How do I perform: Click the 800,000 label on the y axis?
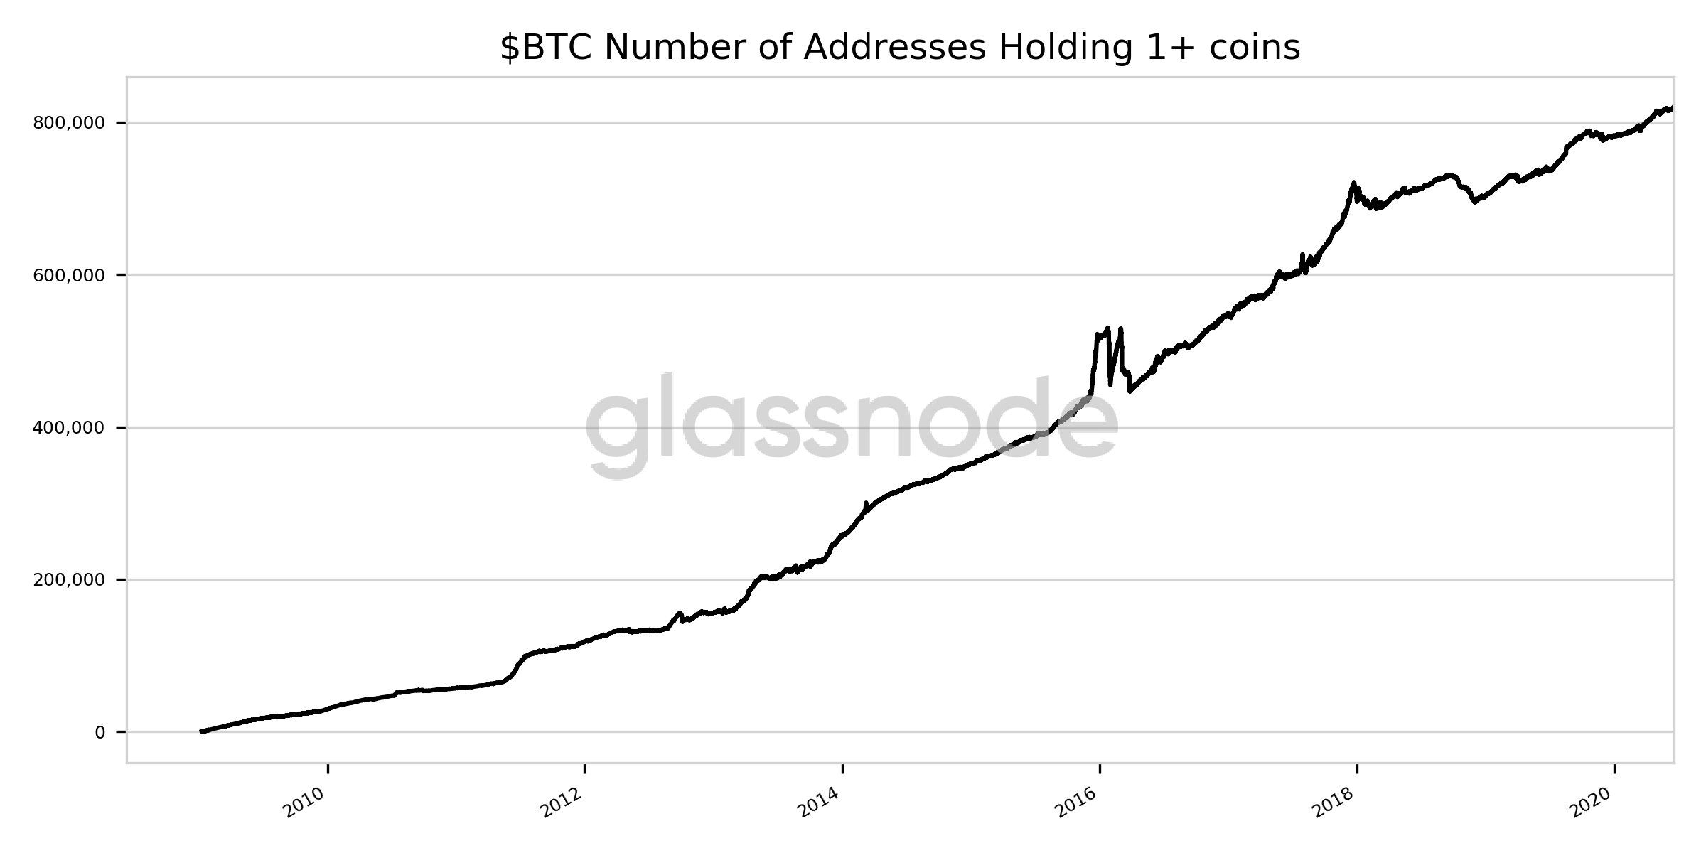68,123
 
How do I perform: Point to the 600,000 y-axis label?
68,275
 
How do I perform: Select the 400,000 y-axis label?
68,428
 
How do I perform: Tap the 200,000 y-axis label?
68,580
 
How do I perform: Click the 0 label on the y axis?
100,732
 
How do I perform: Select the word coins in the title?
1256,48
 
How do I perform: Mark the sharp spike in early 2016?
1107,328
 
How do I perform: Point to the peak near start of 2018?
1353,183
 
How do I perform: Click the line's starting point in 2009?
201,731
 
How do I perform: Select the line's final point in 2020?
1672,108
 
